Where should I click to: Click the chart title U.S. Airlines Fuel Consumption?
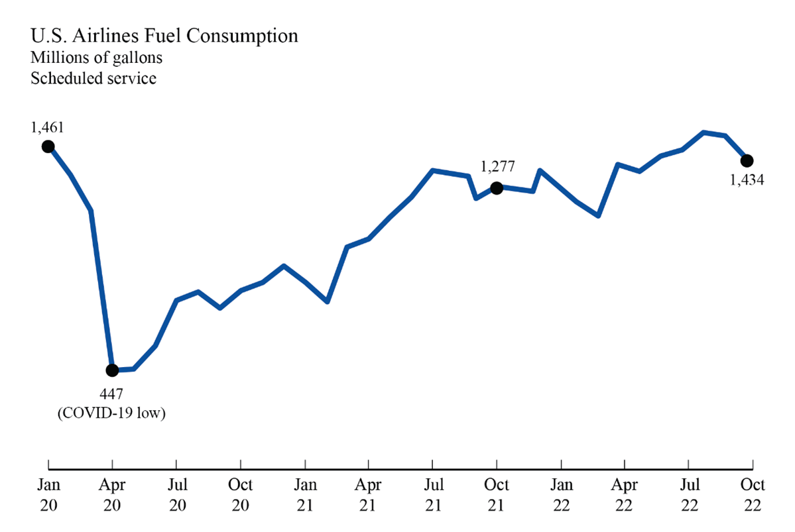164,36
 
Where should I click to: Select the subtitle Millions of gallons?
96,58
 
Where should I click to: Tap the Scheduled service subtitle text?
93,78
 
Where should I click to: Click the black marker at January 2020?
48,146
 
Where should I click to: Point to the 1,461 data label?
47,126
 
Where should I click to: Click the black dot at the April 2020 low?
112,370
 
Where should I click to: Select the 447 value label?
111,396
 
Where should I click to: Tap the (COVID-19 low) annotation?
111,413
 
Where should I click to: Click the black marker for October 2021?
496,187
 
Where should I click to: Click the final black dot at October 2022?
747,160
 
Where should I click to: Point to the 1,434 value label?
747,180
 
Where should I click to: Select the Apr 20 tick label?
112,494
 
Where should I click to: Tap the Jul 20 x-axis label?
176,494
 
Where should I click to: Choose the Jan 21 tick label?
305,494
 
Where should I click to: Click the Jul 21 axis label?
433,494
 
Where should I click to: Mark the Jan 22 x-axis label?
562,494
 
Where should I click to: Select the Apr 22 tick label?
625,494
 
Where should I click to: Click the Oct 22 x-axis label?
752,494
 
